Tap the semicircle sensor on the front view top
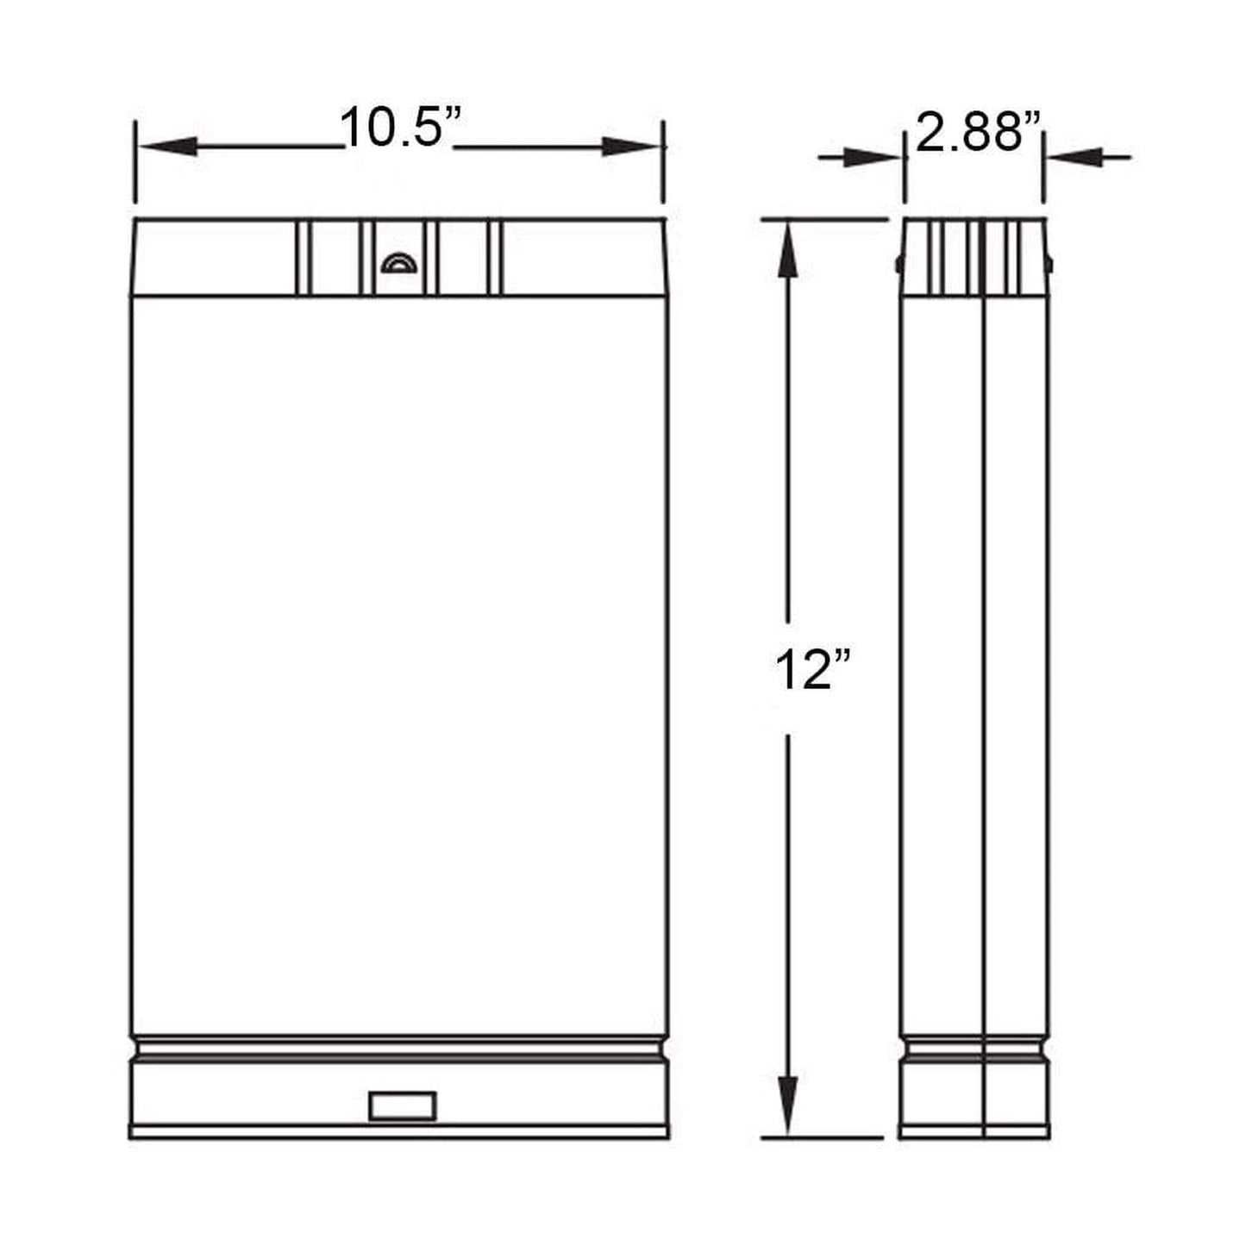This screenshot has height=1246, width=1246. tap(398, 262)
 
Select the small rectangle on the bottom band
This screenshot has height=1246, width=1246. tap(402, 1105)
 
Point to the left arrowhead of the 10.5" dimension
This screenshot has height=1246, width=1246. tap(168, 147)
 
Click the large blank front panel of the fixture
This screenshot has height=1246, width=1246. tap(398, 664)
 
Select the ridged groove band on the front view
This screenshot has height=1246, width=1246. tap(398, 1050)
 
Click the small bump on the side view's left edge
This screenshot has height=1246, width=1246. tap(898, 263)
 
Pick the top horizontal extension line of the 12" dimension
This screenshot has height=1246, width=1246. tap(823, 220)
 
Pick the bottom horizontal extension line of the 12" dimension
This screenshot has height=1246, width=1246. tap(823, 1137)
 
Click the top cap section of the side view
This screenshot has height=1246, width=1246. tap(974, 257)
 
